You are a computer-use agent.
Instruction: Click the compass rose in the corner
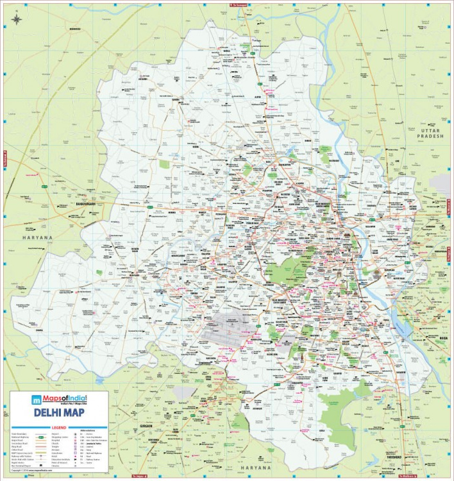pos(16,19)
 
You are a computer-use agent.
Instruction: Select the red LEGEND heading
pos(60,426)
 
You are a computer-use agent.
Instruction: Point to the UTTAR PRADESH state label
pos(428,133)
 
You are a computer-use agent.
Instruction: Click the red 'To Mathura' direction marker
pos(410,477)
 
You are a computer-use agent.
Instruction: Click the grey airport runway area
pos(221,325)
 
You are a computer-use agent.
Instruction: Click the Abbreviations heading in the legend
pos(88,430)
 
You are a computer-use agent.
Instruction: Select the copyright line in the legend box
pos(32,470)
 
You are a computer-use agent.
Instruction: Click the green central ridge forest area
pos(282,273)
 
